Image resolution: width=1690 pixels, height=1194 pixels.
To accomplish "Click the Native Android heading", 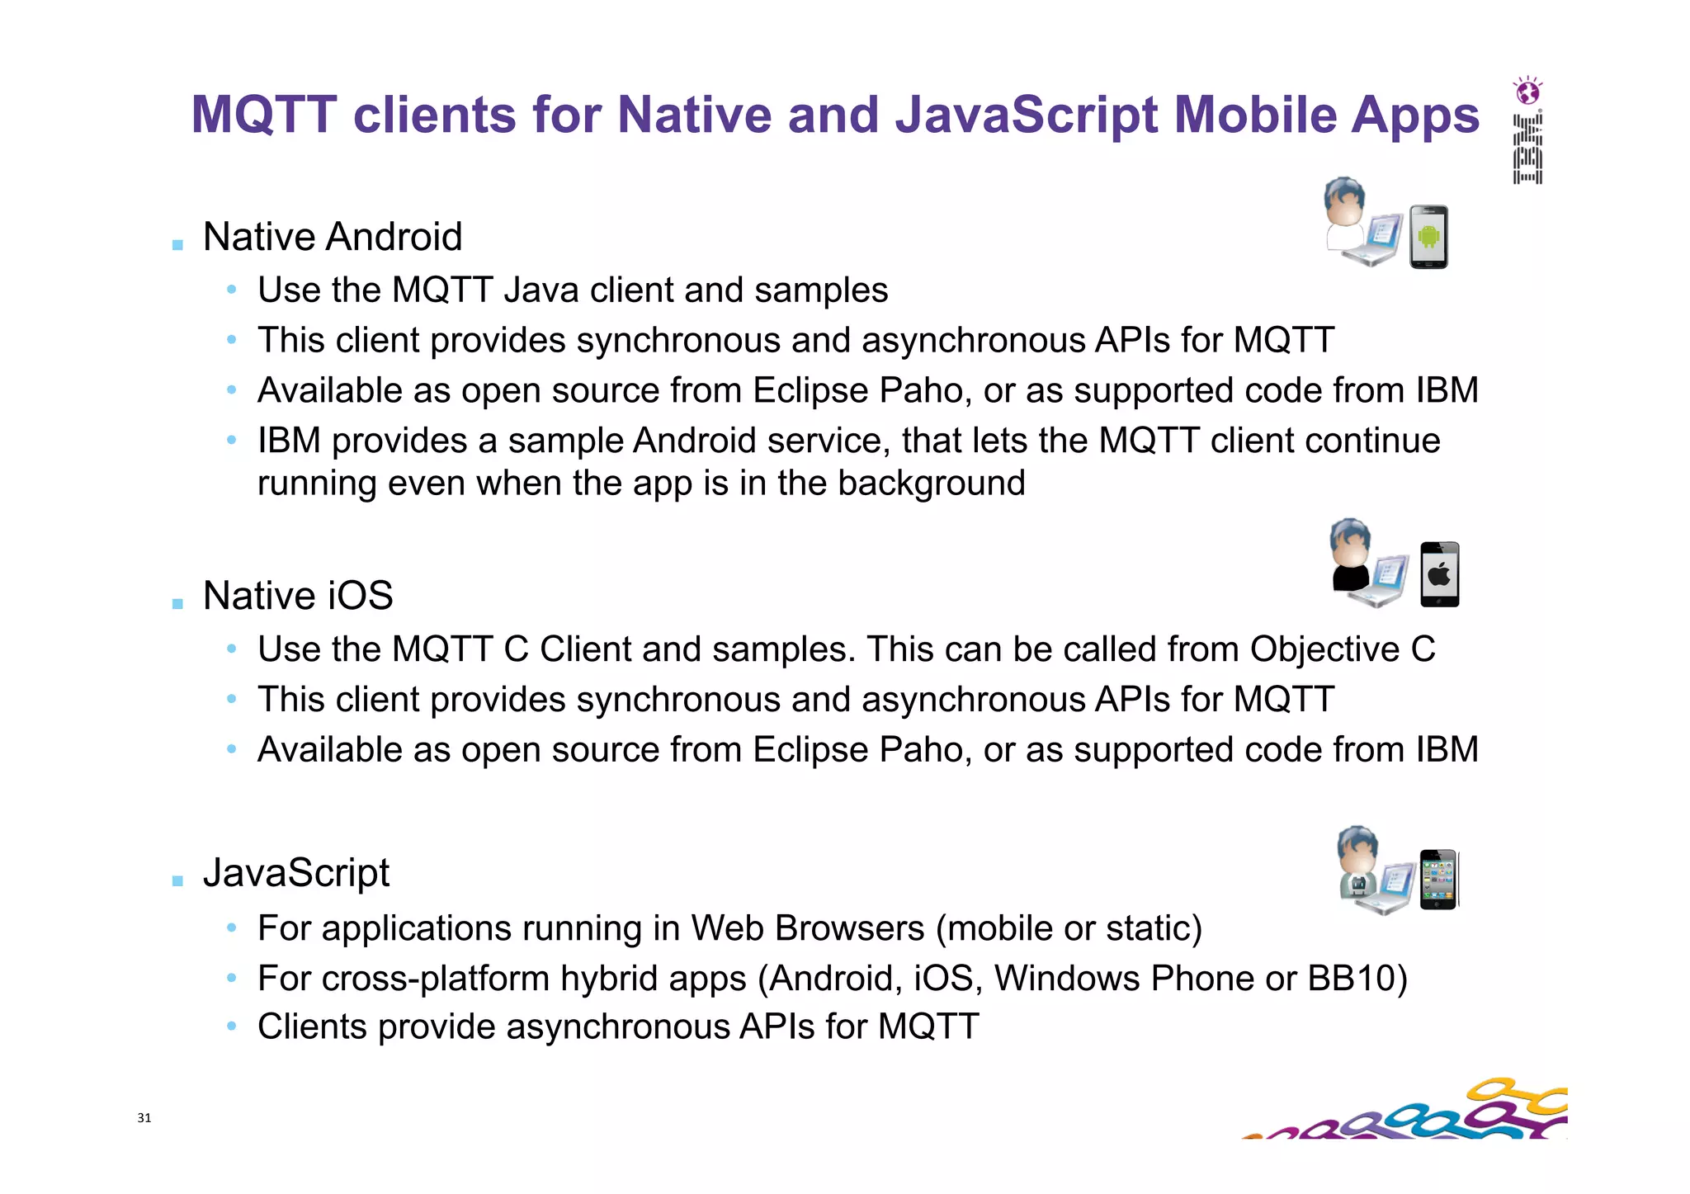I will [332, 237].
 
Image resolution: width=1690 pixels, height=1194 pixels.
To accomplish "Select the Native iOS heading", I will [297, 596].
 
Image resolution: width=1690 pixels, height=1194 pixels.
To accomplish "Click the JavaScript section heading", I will [295, 873].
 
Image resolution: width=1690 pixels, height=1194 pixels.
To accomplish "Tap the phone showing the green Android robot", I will [1428, 237].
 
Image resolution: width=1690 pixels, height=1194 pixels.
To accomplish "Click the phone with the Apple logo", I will [1439, 574].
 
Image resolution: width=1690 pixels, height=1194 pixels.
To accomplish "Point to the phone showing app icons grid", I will [1438, 879].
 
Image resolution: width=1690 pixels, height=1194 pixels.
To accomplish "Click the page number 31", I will [144, 1118].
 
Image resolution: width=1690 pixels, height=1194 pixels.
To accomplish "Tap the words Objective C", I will [1343, 649].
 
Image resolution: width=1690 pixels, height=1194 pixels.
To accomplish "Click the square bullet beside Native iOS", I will [177, 604].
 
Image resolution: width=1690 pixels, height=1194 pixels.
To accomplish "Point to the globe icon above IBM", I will [1527, 91].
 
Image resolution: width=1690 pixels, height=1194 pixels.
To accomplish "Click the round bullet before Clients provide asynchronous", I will [232, 1026].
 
